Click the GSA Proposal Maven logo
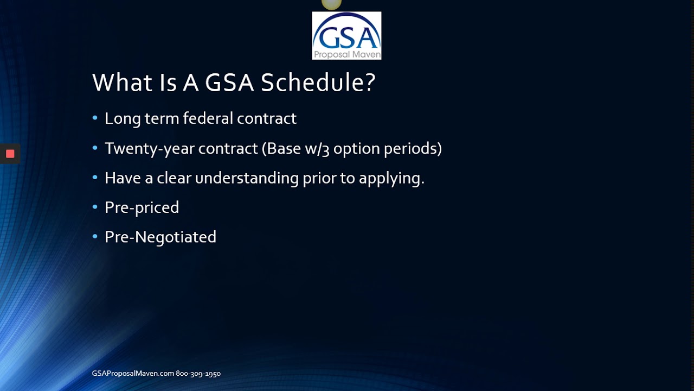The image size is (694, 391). (x=346, y=35)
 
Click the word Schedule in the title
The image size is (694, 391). (x=318, y=83)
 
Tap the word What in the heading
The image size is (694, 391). (x=119, y=83)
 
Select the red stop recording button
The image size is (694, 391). (x=10, y=154)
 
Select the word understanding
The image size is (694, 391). (x=247, y=178)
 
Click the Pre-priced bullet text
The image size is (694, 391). (x=142, y=207)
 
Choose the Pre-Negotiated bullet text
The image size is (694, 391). (x=160, y=237)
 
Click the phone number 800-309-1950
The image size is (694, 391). (x=198, y=374)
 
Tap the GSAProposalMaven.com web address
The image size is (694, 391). (x=133, y=374)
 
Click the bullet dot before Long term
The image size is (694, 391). (x=95, y=118)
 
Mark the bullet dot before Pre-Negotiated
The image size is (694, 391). (x=95, y=236)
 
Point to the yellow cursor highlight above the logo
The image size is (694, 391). (x=331, y=4)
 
